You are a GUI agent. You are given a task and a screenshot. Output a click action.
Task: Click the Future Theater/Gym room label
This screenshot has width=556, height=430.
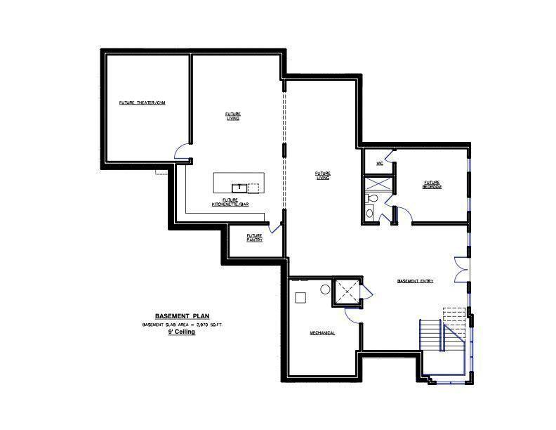[141, 103]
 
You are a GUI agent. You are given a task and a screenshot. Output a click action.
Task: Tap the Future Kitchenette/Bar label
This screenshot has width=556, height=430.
[230, 202]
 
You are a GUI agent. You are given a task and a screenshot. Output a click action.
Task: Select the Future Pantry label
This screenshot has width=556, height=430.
[255, 237]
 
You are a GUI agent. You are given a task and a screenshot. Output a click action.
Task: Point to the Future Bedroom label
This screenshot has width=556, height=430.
[431, 184]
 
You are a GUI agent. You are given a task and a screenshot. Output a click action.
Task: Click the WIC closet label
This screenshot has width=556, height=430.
[379, 163]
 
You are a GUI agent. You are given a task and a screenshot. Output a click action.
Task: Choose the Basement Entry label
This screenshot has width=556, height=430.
[415, 281]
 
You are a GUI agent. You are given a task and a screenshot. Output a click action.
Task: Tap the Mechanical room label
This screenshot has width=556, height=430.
[323, 332]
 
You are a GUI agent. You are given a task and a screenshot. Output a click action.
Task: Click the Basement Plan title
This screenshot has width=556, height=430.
[182, 316]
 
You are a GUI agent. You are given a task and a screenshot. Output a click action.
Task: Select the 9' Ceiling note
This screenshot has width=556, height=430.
[181, 332]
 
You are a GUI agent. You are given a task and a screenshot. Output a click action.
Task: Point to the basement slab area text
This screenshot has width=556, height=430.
[182, 325]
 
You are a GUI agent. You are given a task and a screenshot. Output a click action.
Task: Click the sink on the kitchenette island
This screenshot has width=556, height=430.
[239, 187]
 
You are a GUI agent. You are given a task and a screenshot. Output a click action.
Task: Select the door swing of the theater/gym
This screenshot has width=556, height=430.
[181, 150]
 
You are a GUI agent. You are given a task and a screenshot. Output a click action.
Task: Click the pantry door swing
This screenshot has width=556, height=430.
[275, 226]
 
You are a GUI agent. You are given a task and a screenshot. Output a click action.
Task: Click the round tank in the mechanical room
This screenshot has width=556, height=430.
[326, 289]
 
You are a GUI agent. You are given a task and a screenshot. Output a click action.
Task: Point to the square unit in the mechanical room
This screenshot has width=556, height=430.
[300, 297]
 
